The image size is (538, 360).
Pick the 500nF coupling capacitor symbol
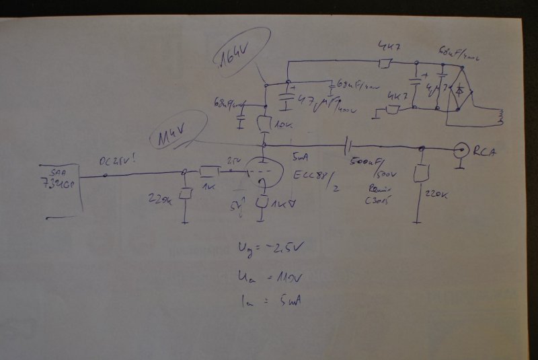(347, 145)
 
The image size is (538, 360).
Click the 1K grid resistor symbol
(210, 172)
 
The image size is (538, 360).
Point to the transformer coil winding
(499, 117)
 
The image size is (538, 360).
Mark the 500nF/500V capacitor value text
(367, 165)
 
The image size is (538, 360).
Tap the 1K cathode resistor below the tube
(264, 202)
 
